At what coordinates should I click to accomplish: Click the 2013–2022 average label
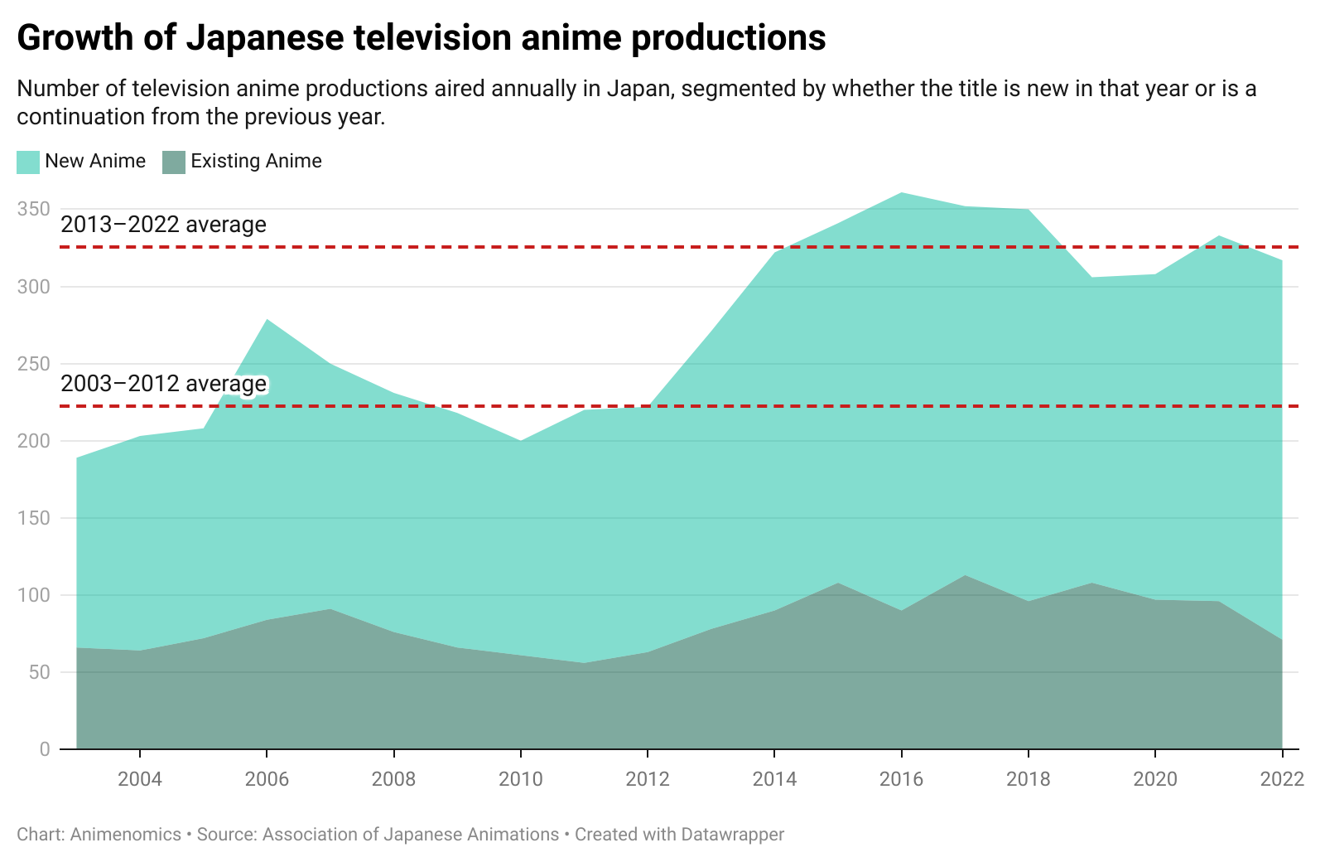[163, 225]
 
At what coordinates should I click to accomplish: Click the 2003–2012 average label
[163, 384]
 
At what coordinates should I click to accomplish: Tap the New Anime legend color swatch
[28, 162]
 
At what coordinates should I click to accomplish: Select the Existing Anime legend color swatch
[174, 162]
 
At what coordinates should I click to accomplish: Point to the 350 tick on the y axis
[34, 209]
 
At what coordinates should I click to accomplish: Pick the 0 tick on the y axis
[45, 749]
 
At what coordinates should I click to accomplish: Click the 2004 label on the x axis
[140, 779]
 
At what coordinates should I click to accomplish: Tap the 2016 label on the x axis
[901, 779]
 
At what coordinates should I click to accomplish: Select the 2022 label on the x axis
[1281, 779]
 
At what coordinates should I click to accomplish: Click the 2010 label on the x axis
[520, 779]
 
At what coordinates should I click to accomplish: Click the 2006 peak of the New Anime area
[267, 320]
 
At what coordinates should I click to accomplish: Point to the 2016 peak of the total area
[901, 194]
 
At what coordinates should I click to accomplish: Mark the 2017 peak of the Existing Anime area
[965, 576]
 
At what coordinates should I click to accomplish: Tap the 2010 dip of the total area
[520, 441]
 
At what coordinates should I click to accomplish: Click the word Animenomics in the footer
[125, 834]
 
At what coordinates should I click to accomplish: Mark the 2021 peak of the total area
[1218, 237]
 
